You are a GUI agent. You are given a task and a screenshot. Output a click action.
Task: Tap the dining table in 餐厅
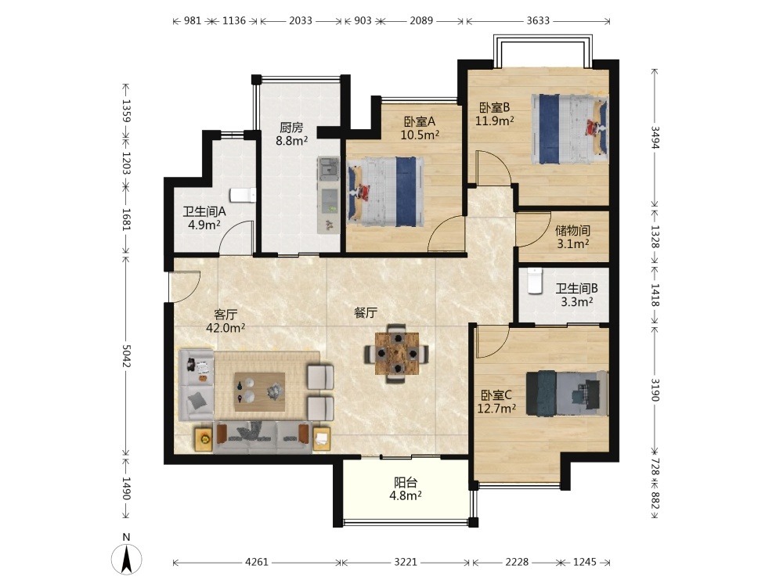coord(397,354)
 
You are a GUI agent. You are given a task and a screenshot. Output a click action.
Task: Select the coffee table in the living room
coord(260,391)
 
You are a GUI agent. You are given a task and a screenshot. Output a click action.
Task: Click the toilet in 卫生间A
coord(244,195)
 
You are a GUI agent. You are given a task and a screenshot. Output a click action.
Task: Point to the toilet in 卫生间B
coord(535,282)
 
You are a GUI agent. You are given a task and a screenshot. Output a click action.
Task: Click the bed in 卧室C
coord(567,394)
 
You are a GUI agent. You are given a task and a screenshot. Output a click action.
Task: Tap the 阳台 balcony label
coord(406,483)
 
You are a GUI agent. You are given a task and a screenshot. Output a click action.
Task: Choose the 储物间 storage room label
coord(573,231)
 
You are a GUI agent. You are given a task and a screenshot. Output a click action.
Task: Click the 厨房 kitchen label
coord(291,128)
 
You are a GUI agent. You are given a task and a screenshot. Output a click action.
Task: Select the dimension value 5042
coord(126,355)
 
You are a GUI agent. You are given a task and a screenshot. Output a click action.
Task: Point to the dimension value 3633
coord(538,20)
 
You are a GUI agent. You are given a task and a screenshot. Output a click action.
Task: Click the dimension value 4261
coord(257,562)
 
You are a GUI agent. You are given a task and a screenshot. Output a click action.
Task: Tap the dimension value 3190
coord(655,390)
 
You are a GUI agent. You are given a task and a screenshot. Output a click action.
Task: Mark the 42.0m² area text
coord(226,328)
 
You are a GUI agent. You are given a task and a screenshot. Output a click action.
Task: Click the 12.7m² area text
coord(496,409)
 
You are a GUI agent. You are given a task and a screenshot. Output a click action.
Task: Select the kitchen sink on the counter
coord(328,168)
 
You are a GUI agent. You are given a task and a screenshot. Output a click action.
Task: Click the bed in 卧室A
coord(385,193)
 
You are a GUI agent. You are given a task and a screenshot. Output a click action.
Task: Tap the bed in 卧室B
coord(569,129)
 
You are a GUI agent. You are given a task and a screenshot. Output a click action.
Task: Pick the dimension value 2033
coord(301,20)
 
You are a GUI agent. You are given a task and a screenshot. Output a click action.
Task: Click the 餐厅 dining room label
coord(366,313)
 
